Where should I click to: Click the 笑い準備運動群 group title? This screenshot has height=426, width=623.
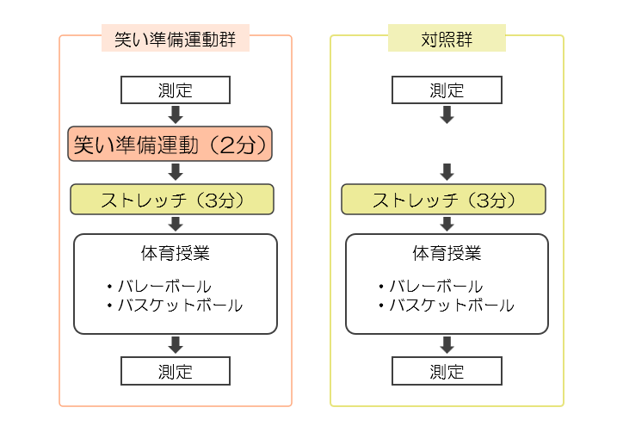pyautogui.click(x=175, y=38)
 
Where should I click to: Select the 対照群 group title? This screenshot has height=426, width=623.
pyautogui.click(x=447, y=38)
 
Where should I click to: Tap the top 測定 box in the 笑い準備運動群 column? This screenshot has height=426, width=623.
pyautogui.click(x=176, y=90)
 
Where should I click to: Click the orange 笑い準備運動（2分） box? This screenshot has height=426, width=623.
pyautogui.click(x=170, y=144)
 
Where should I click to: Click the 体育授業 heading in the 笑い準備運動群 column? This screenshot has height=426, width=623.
pyautogui.click(x=176, y=253)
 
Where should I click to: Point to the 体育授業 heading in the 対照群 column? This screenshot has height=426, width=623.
pyautogui.click(x=447, y=253)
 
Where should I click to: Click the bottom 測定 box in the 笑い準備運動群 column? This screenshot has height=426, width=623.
pyautogui.click(x=176, y=371)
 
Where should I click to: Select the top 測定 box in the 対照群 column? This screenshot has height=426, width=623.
pyautogui.click(x=447, y=90)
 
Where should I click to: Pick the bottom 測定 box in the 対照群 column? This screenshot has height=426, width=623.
pyautogui.click(x=447, y=371)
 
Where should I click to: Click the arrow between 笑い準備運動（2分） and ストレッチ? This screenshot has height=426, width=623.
pyautogui.click(x=176, y=171)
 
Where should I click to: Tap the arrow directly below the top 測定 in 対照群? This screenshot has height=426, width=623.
pyautogui.click(x=447, y=114)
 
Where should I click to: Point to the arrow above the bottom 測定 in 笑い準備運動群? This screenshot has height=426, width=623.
pyautogui.click(x=176, y=344)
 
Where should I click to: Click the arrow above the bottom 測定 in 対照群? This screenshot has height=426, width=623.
pyautogui.click(x=447, y=344)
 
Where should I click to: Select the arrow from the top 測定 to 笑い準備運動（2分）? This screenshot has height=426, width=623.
pyautogui.click(x=176, y=114)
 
